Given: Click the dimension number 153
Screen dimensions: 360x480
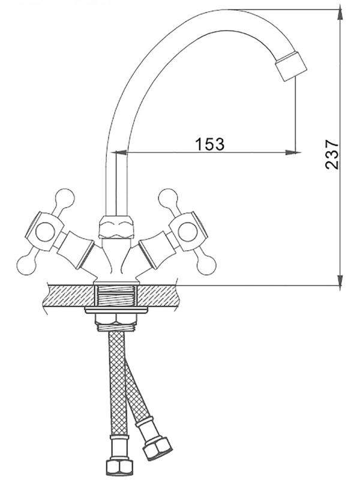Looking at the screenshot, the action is click(209, 144).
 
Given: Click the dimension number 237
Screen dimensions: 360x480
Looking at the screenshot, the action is click(332, 155).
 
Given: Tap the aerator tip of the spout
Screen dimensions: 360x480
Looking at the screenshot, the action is click(291, 67).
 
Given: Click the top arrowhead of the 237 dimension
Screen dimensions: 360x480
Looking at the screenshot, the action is click(340, 14).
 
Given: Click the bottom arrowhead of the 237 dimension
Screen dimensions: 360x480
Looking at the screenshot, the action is click(340, 280).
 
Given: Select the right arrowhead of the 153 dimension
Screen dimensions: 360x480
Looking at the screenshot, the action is click(291, 152).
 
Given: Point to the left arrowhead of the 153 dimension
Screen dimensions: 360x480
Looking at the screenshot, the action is click(122, 152).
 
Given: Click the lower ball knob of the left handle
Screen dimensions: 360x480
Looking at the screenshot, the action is click(26, 265).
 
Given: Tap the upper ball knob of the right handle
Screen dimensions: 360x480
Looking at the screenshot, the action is click(168, 198).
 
